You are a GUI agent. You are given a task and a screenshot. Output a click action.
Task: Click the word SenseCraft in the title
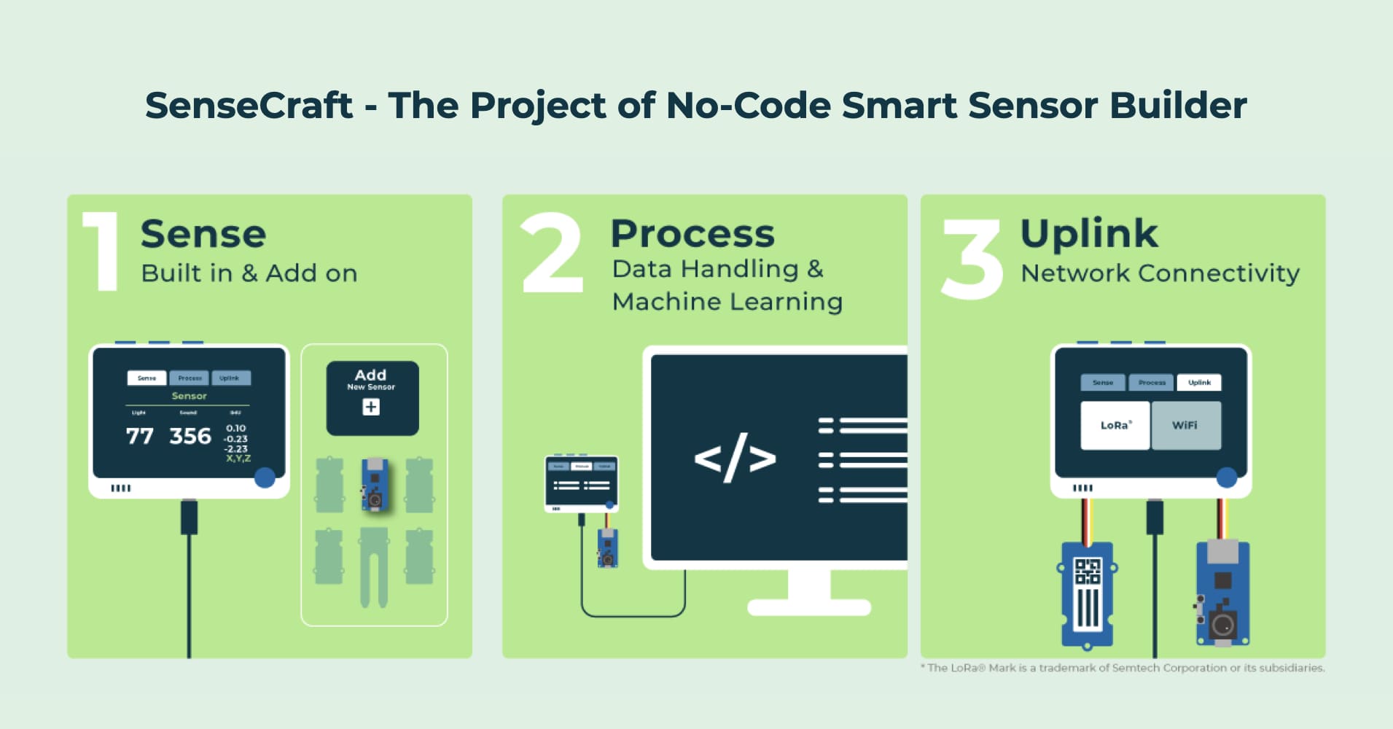tap(249, 106)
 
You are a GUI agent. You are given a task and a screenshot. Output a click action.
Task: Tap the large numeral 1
tap(103, 252)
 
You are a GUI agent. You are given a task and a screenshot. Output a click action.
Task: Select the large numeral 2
tap(553, 253)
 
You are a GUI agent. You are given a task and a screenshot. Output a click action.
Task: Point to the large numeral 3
tap(972, 260)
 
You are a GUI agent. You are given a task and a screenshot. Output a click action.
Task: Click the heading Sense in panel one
tap(203, 234)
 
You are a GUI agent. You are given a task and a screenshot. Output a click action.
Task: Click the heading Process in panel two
tap(692, 234)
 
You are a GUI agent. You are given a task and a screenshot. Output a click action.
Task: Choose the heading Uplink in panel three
tap(1089, 234)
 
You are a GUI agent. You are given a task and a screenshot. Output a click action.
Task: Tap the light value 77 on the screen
tap(139, 436)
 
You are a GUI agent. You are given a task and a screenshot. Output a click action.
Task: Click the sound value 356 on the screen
tap(190, 436)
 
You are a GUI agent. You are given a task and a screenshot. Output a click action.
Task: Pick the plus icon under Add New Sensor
tap(371, 407)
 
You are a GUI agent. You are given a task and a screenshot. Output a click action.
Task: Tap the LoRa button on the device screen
tap(1115, 425)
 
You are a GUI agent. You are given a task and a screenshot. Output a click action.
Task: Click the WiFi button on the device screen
tap(1185, 425)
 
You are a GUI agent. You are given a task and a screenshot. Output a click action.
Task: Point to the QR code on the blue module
tap(1088, 571)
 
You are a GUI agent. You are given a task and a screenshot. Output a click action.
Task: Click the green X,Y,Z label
tap(238, 459)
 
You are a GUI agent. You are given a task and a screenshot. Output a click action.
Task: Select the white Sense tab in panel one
tap(147, 378)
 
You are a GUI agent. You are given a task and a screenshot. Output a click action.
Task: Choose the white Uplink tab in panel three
tap(1199, 382)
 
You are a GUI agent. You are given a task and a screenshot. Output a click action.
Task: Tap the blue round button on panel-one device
tap(265, 477)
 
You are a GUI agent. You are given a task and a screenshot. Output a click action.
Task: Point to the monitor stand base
tap(809, 607)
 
